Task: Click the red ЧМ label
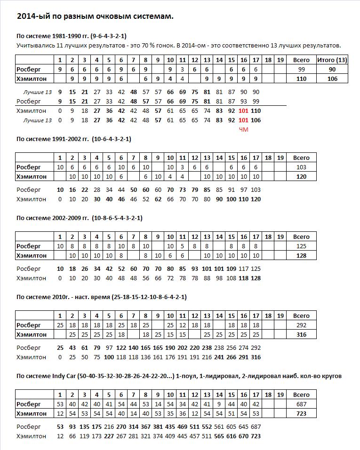pos(243,129)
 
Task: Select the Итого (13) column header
pos(332,60)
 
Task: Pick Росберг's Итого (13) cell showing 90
pos(332,69)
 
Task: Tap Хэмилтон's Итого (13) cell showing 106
pos(332,79)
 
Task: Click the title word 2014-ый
pos(32,16)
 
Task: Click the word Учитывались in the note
pos(33,45)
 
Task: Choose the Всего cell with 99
pos(301,69)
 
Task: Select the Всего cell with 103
pos(301,167)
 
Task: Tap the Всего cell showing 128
pos(301,255)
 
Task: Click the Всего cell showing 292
pos(301,325)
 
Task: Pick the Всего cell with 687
pos(301,404)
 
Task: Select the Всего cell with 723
pos(301,413)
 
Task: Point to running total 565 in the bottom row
pos(219,436)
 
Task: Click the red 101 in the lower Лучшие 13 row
pos(243,120)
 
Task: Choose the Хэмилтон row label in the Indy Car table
pos(32,413)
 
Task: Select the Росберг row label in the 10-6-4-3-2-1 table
pos(29,167)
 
